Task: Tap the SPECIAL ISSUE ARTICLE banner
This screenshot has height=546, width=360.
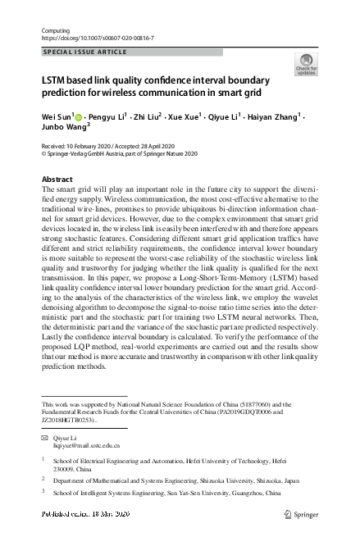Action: (x=84, y=52)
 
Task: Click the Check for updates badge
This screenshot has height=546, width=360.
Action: (x=306, y=65)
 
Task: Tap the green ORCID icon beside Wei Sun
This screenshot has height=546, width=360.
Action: (x=79, y=118)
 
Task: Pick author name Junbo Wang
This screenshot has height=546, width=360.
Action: (x=63, y=129)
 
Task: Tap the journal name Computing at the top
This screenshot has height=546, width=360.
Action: (x=55, y=30)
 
